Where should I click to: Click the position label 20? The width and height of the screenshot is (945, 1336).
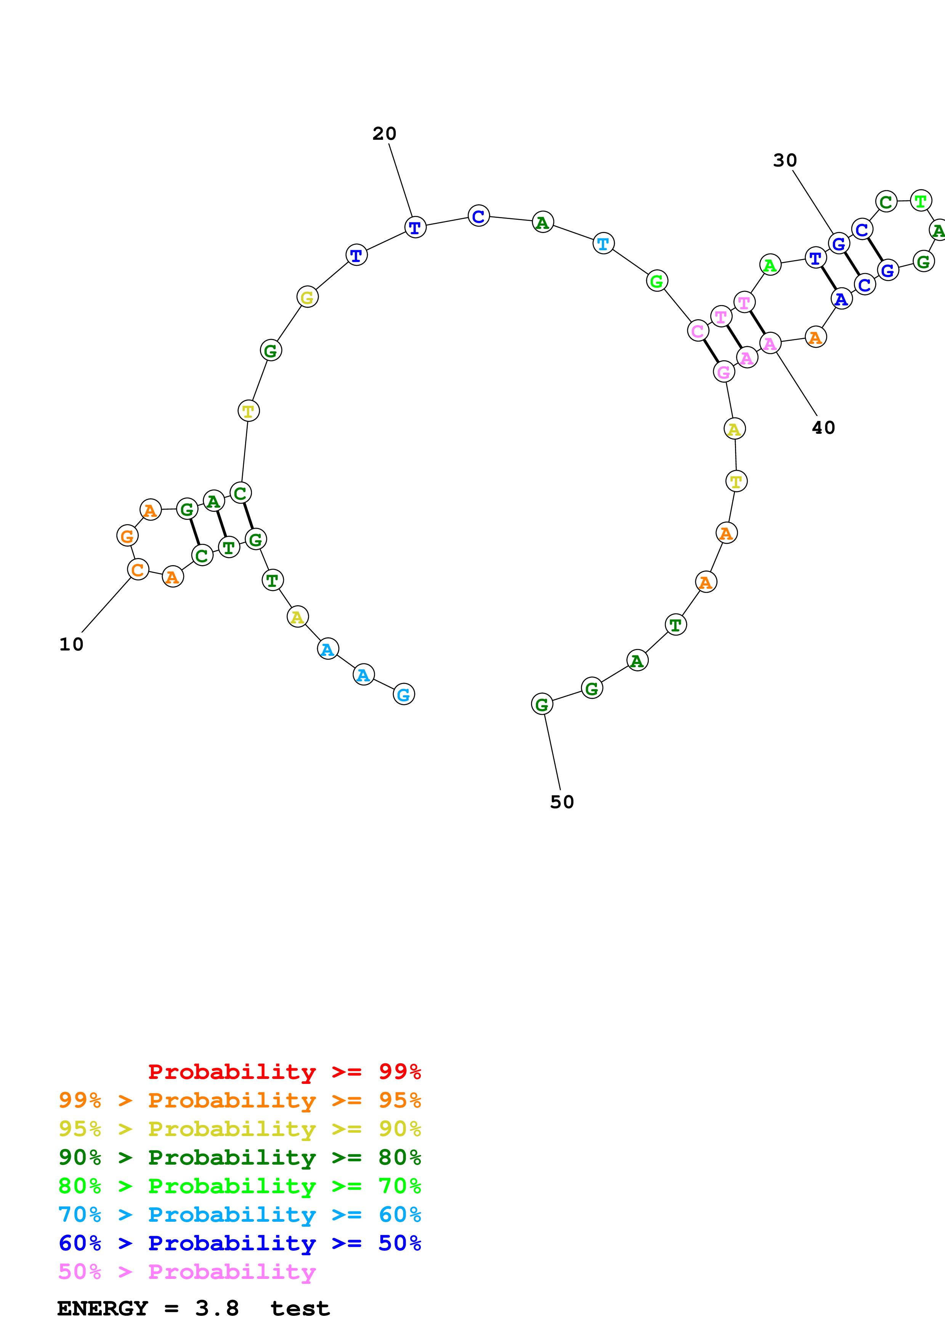pos(384,134)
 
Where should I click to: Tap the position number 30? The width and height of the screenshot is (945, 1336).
pos(785,161)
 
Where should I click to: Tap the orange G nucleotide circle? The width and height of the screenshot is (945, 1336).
pos(127,535)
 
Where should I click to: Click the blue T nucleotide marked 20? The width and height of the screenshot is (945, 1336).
pos(415,227)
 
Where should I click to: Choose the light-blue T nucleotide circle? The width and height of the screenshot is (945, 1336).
pos(603,243)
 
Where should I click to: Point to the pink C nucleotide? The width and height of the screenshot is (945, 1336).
pos(698,331)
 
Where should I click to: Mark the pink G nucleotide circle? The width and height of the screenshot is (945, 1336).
pos(724,371)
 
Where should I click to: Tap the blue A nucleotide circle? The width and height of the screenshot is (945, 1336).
pos(841,299)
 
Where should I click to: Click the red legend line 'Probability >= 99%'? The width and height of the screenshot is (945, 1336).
pos(284,1072)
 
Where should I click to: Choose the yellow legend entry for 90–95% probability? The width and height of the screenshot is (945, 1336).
pos(239,1129)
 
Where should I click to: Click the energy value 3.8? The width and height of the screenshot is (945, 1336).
pos(217,1308)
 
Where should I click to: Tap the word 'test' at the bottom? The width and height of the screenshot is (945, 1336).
pos(300,1308)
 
